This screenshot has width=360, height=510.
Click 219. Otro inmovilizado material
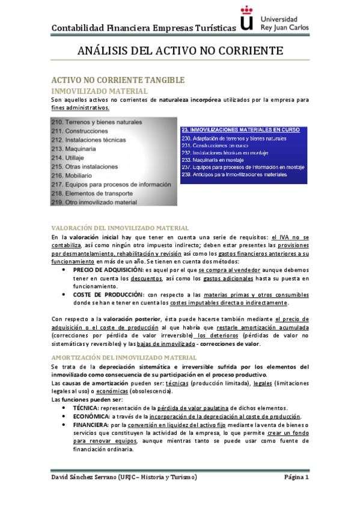tap(94, 203)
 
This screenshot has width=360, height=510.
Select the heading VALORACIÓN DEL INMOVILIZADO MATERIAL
tap(120, 228)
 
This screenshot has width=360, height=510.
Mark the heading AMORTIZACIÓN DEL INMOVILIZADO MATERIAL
tap(124, 357)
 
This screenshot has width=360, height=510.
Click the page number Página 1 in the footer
tap(296, 478)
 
